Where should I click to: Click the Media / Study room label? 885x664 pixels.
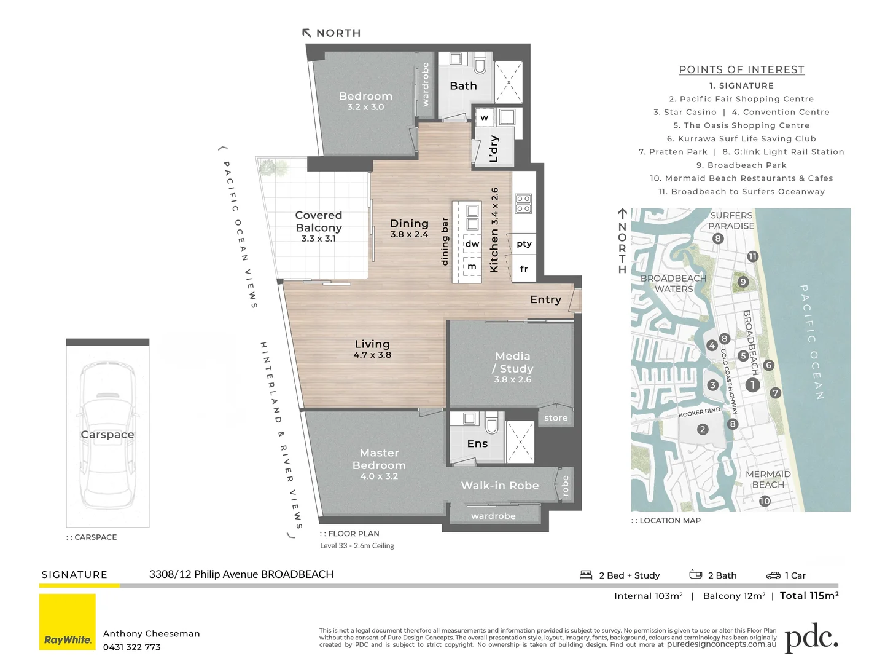[x=512, y=362]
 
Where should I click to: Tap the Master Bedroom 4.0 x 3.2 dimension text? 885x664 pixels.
[x=379, y=476]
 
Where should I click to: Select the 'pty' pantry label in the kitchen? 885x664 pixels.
[x=524, y=244]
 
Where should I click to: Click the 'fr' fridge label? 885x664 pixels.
[x=524, y=269]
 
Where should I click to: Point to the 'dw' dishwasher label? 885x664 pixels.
[x=472, y=244]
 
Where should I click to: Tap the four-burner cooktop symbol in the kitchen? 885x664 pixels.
[x=523, y=204]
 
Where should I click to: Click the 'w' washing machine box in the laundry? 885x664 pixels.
[x=484, y=117]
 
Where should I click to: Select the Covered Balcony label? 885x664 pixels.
[x=319, y=221]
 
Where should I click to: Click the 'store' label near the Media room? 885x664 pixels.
[x=556, y=418]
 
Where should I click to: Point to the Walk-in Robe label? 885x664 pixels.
[x=499, y=485]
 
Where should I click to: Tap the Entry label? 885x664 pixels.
[x=545, y=299]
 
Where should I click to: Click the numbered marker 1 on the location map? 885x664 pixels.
[x=752, y=385]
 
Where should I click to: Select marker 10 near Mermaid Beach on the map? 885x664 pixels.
[x=765, y=501]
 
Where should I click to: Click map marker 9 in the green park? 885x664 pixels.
[x=743, y=282]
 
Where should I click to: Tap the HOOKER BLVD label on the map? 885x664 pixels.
[x=699, y=412]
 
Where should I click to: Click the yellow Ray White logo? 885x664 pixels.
[x=68, y=622]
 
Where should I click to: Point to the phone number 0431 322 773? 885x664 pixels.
[x=131, y=647]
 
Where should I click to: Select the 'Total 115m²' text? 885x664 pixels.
[x=809, y=595]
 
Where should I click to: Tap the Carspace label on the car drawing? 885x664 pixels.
[x=107, y=434]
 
